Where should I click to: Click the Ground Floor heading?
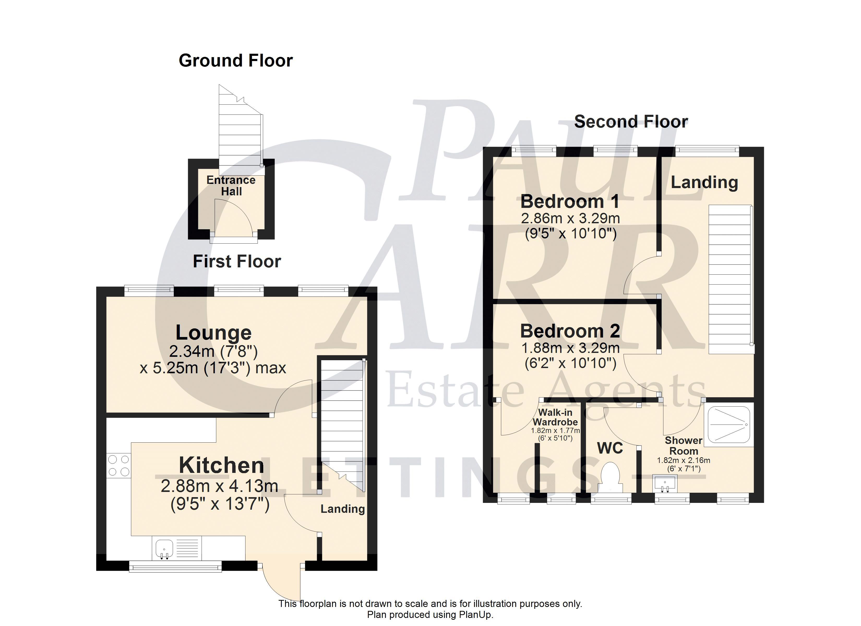click(x=236, y=61)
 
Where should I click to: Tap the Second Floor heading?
click(x=631, y=122)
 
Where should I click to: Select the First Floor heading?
click(x=237, y=262)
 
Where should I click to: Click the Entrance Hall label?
click(x=231, y=186)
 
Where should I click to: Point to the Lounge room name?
click(x=213, y=333)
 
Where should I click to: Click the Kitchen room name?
click(x=221, y=465)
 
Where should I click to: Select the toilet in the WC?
click(x=611, y=478)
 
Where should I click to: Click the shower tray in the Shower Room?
click(x=729, y=425)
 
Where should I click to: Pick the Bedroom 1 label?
click(x=570, y=202)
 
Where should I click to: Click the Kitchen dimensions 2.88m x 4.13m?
click(x=219, y=486)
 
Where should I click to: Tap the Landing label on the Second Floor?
click(x=704, y=183)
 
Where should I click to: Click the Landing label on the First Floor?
click(x=342, y=509)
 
